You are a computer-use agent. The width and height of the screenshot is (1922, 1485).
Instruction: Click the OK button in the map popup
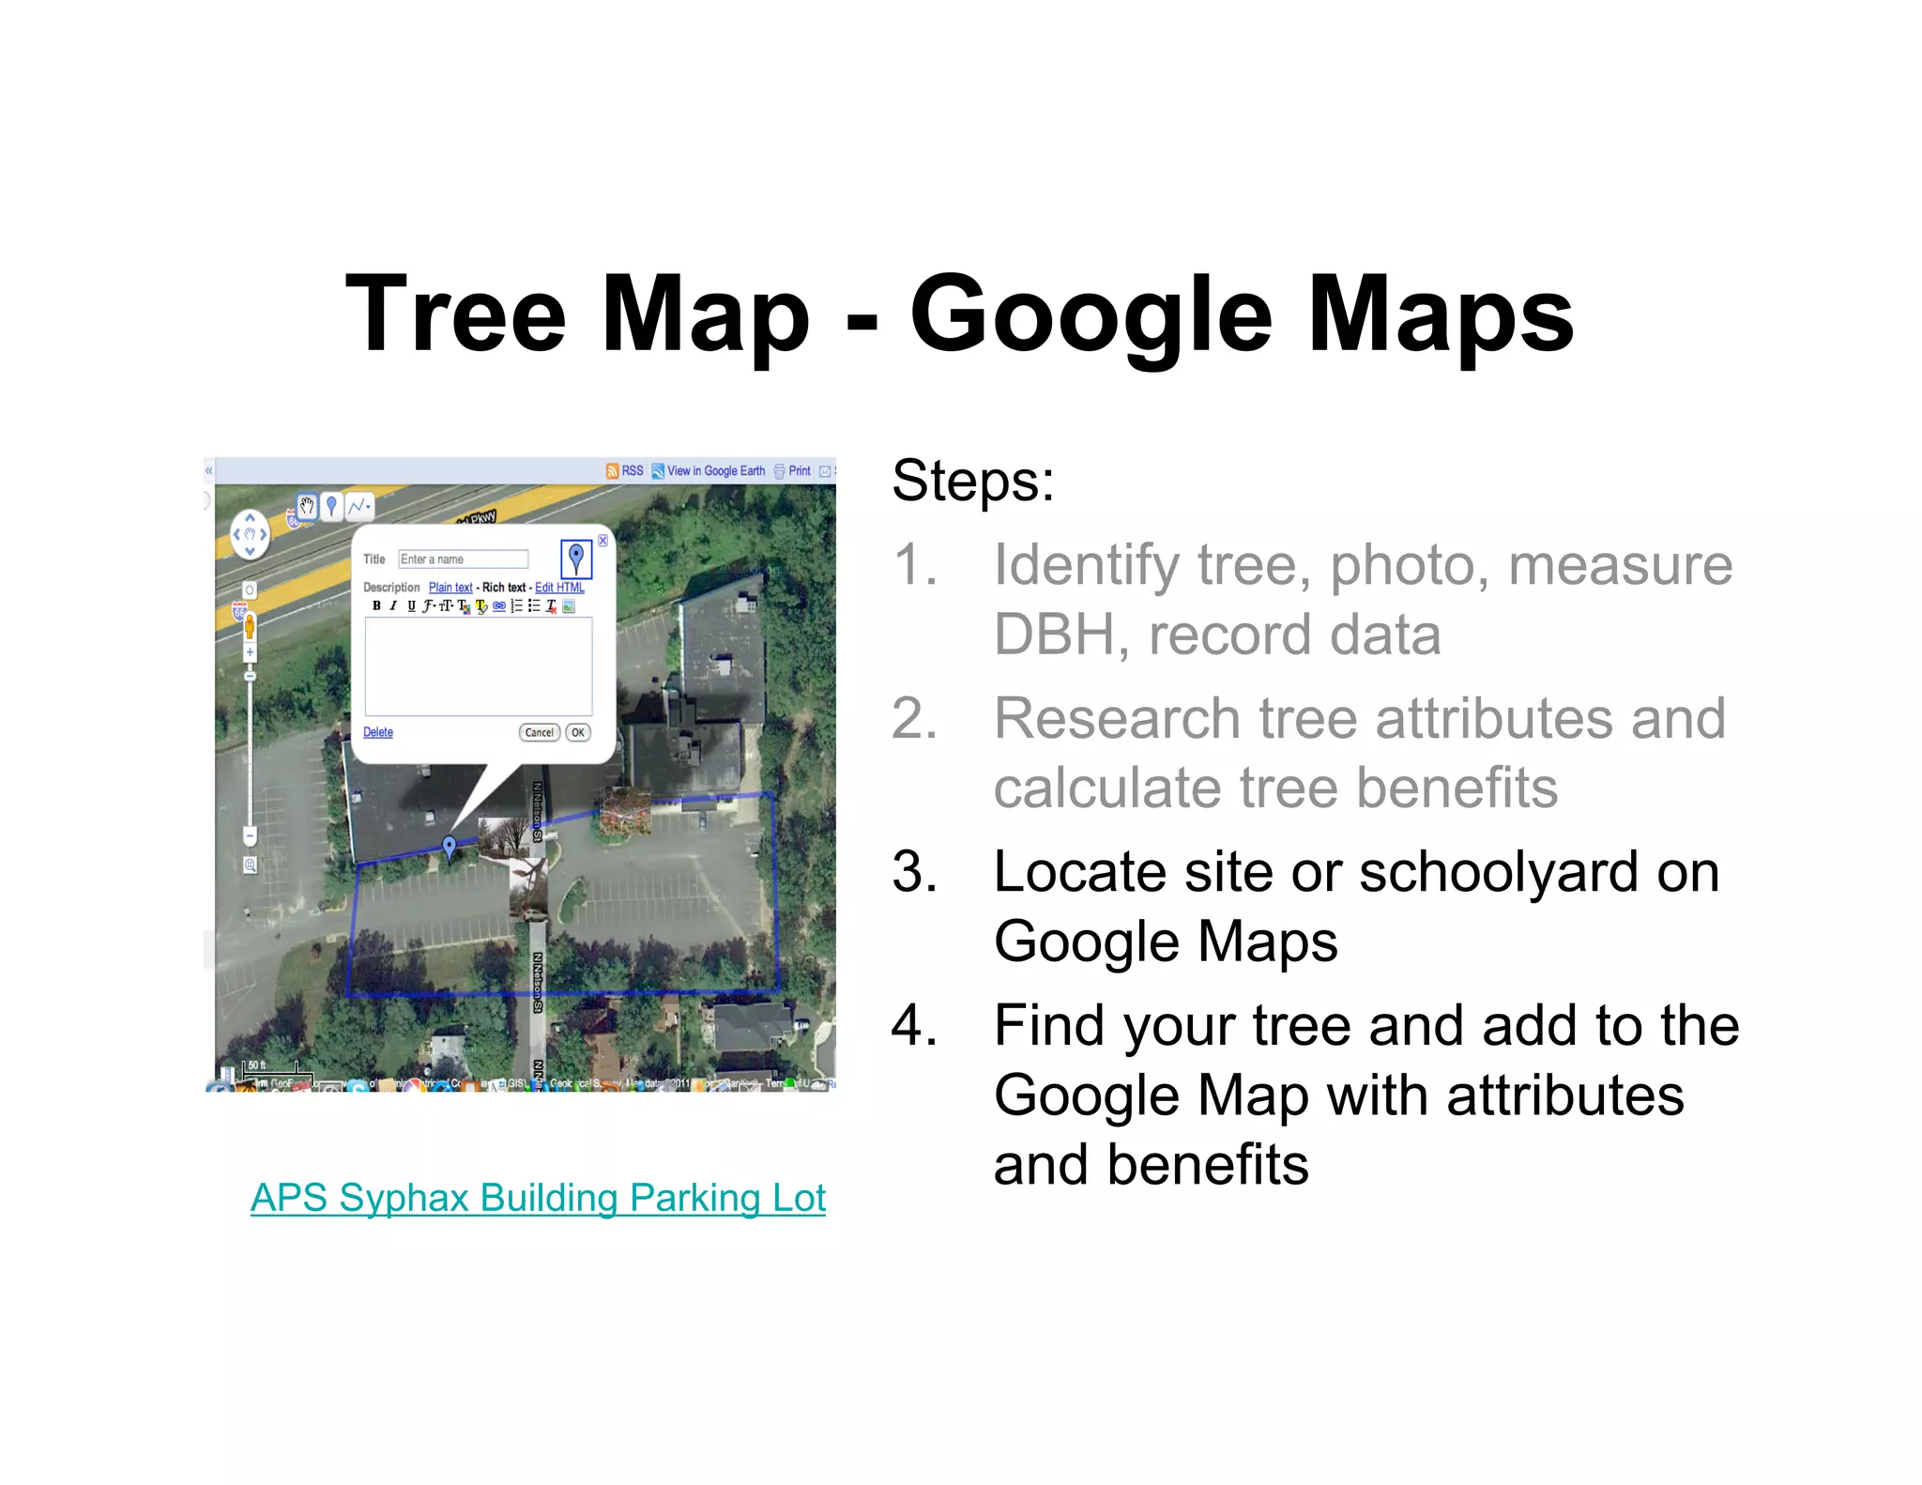pyautogui.click(x=578, y=732)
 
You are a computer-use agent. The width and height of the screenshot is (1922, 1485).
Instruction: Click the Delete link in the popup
pyautogui.click(x=378, y=732)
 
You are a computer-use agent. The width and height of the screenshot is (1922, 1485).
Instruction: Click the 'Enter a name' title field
pyautogui.click(x=463, y=559)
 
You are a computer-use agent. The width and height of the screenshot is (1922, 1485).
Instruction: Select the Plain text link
pyautogui.click(x=450, y=588)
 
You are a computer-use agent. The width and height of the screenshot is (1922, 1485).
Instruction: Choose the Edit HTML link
pyautogui.click(x=559, y=588)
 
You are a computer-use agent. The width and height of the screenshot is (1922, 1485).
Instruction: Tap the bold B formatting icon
pyautogui.click(x=376, y=606)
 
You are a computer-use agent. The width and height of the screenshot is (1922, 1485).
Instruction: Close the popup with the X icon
pyautogui.click(x=603, y=541)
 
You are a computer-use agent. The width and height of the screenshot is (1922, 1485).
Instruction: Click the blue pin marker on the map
pyautogui.click(x=450, y=847)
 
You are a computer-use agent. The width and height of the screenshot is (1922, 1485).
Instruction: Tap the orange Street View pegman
pyautogui.click(x=250, y=626)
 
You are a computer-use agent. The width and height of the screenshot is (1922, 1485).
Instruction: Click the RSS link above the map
pyautogui.click(x=632, y=471)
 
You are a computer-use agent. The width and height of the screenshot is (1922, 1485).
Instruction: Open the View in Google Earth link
pyautogui.click(x=715, y=471)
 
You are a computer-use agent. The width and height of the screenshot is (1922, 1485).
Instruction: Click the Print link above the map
pyautogui.click(x=799, y=471)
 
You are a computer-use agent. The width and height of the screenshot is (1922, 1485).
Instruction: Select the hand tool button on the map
pyautogui.click(x=307, y=507)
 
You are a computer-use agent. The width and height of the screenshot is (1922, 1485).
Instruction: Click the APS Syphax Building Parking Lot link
pyautogui.click(x=538, y=1198)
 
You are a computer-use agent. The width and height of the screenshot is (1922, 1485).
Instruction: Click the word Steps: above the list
pyautogui.click(x=973, y=481)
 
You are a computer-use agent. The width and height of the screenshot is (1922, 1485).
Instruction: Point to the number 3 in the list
pyautogui.click(x=914, y=872)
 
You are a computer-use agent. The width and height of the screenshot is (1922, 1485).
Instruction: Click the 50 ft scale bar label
pyautogui.click(x=256, y=1065)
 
